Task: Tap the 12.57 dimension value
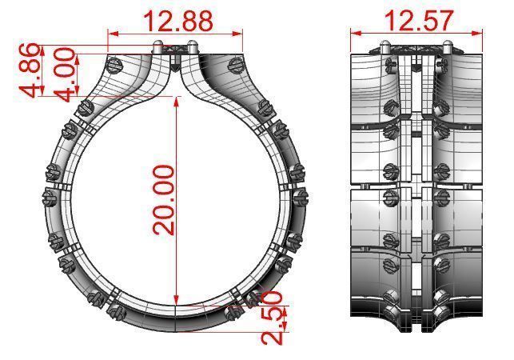419,20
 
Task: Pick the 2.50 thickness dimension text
272,323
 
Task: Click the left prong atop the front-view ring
159,45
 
